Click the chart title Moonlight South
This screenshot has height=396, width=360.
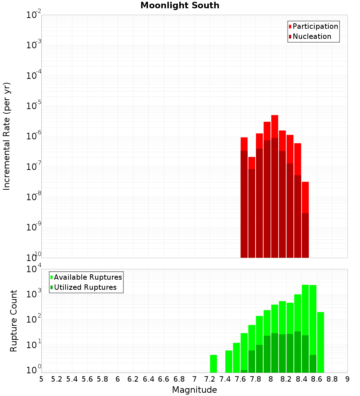pyautogui.click(x=180, y=5)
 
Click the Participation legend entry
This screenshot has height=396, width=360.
pyautogui.click(x=315, y=26)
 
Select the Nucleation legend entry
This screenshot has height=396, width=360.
pyautogui.click(x=312, y=36)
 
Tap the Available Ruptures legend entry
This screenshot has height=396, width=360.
pyautogui.click(x=88, y=277)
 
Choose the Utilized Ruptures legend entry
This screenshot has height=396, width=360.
pyautogui.click(x=85, y=287)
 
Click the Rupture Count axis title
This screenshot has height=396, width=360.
pyautogui.click(x=14, y=320)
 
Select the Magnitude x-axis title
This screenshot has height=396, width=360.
pyautogui.click(x=194, y=390)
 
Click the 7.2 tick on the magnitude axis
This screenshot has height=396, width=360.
pyautogui.click(x=210, y=379)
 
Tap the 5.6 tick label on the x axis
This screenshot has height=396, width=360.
pyautogui.click(x=87, y=379)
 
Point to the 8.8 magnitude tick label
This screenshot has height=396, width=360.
pyautogui.click(x=332, y=379)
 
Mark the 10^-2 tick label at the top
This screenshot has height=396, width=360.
pyautogui.click(x=34, y=15)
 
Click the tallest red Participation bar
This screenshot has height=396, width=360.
pyautogui.click(x=275, y=126)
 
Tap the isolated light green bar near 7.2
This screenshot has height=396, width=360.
pyautogui.click(x=213, y=364)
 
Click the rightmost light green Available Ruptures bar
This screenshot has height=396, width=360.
pyautogui.click(x=320, y=342)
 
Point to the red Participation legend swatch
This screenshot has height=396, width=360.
pyautogui.click(x=290, y=27)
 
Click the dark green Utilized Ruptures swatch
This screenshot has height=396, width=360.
pyautogui.click(x=51, y=287)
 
